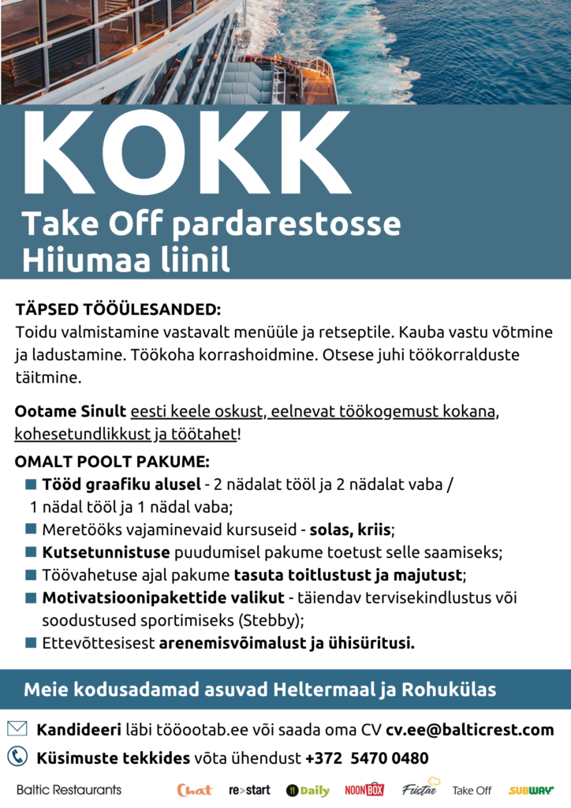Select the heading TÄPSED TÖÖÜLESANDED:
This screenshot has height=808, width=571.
(118, 309)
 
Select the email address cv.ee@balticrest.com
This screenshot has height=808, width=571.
(469, 729)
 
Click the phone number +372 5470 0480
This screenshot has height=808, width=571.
(367, 758)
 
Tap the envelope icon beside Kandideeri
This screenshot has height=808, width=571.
(17, 728)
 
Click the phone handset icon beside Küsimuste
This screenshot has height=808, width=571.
(17, 757)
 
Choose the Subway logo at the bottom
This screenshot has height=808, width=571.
(531, 790)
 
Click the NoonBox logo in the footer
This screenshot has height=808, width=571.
(364, 790)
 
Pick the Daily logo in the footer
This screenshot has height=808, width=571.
(308, 790)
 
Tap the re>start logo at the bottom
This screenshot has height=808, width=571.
(249, 790)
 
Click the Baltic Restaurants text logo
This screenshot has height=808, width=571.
(69, 790)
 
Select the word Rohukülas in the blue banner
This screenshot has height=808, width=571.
(449, 690)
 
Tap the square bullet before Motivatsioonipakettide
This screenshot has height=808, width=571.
(31, 597)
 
